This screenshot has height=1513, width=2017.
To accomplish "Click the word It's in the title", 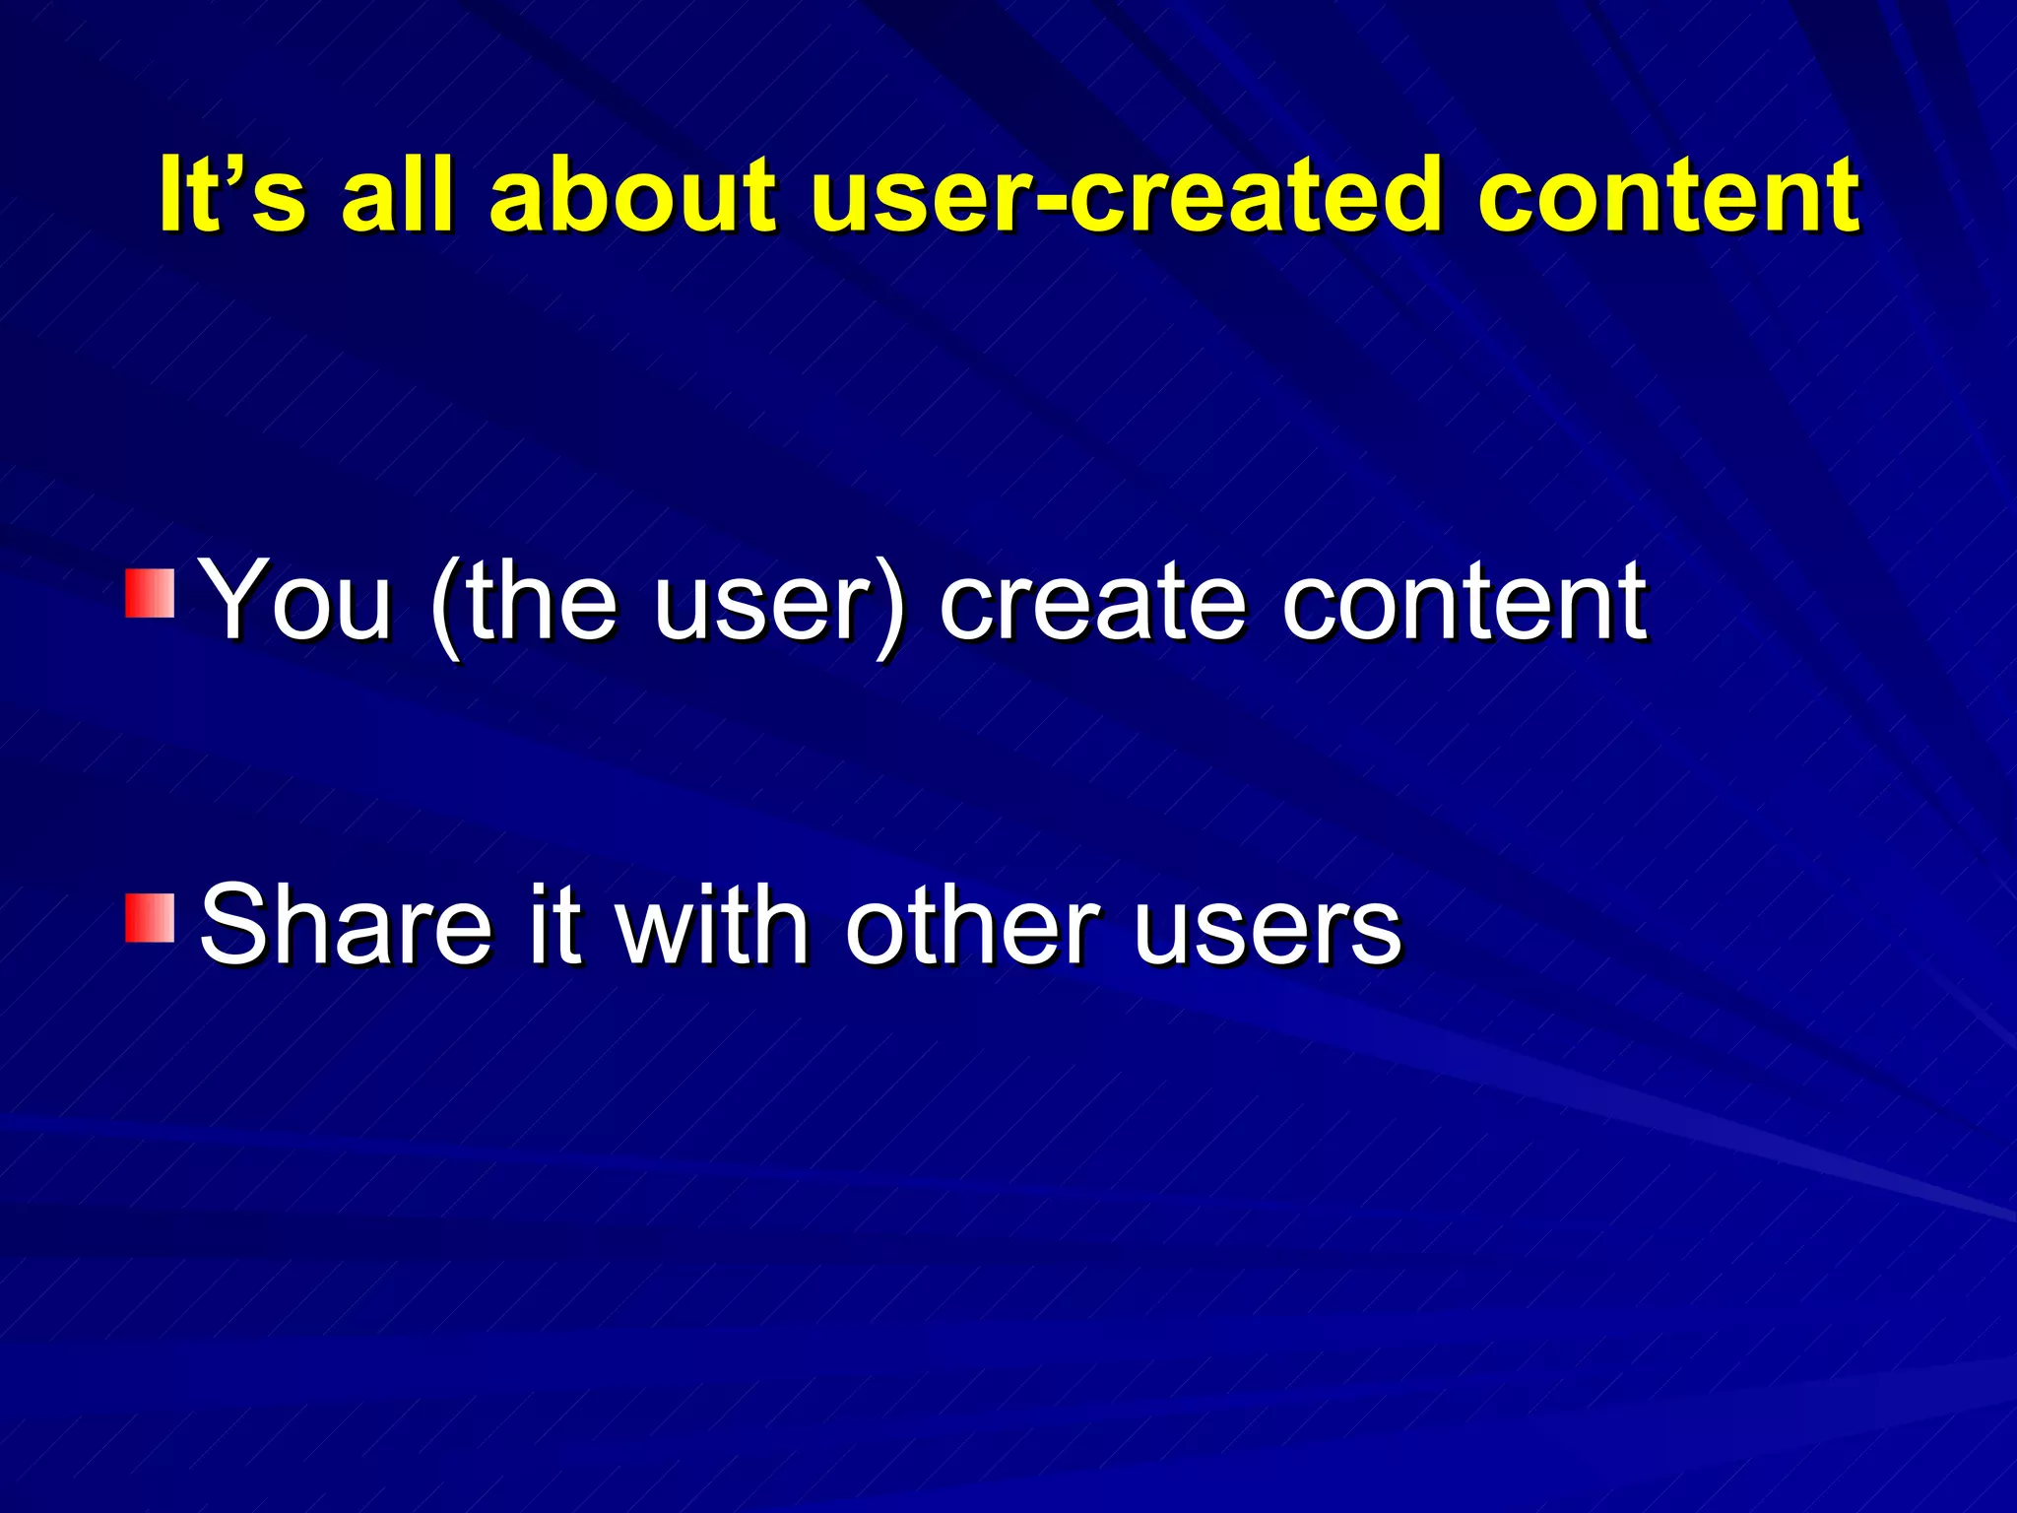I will click(x=231, y=194).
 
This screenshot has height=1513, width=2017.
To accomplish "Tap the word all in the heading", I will click(x=397, y=194).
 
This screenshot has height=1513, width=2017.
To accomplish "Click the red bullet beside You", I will click(x=150, y=593).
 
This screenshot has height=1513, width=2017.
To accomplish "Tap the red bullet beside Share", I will click(x=150, y=918).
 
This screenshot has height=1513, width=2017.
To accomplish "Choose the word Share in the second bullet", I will click(x=345, y=924).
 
